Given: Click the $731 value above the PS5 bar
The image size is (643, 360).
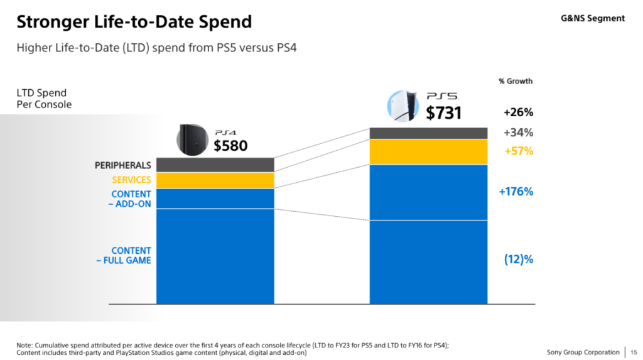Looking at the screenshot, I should [443, 112].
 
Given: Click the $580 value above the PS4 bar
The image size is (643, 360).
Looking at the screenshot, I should [230, 146].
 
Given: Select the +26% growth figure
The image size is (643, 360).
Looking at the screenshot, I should [518, 112].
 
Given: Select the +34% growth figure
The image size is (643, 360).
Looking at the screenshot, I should [518, 133].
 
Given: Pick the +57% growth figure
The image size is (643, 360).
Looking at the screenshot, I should [518, 151].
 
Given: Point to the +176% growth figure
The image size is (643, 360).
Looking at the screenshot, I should [516, 192].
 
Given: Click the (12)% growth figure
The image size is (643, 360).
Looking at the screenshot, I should [518, 259].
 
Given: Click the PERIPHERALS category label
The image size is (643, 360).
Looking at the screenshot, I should [122, 165].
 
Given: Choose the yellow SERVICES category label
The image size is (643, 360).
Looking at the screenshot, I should [131, 180].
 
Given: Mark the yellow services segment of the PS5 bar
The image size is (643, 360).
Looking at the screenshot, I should [429, 151].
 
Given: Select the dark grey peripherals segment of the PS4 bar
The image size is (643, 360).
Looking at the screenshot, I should [215, 165].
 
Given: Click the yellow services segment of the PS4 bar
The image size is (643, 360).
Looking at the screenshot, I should [215, 180].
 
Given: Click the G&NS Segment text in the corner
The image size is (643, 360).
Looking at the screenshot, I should [592, 18].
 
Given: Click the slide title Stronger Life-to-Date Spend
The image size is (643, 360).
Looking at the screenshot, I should [134, 22].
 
